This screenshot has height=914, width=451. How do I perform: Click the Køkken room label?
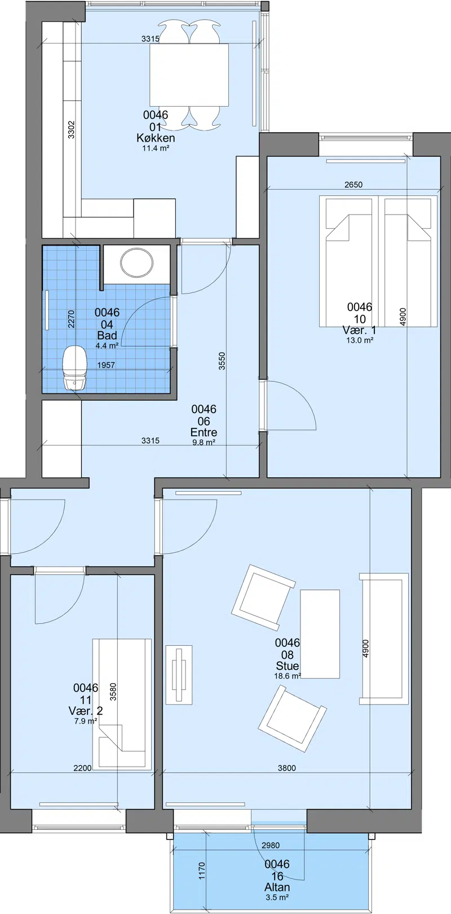tap(156, 138)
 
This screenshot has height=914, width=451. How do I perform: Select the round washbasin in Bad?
tap(137, 260)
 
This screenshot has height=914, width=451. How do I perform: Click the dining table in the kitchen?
tap(189, 75)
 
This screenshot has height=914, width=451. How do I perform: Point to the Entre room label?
tap(204, 432)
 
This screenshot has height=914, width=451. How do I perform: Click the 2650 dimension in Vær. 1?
tap(353, 185)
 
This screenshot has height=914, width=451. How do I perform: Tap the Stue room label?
tap(287, 666)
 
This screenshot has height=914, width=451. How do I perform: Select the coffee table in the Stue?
tap(320, 633)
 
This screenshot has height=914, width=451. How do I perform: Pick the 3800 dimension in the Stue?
tap(287, 768)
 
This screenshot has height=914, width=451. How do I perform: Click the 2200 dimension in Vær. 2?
tap(82, 768)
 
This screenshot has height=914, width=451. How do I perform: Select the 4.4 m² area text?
tap(107, 346)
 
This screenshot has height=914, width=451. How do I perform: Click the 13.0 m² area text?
tap(360, 340)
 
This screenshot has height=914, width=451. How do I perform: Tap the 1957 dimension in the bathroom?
tap(106, 365)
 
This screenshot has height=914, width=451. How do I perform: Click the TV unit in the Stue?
tap(179, 675)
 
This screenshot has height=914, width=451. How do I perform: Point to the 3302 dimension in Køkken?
tap(71, 130)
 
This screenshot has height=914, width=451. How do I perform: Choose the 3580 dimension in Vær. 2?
tap(113, 692)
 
